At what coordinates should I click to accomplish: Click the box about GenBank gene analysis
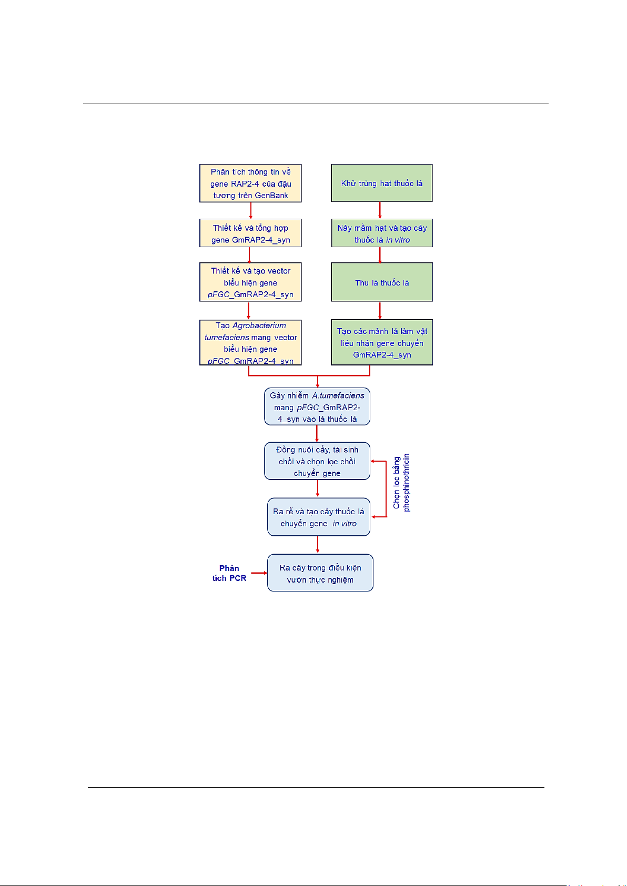[x=250, y=183]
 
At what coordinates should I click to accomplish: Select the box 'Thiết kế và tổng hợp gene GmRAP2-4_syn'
[x=250, y=233]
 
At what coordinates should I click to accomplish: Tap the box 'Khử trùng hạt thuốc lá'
[x=382, y=183]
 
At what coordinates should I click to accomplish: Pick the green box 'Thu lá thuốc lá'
[x=382, y=282]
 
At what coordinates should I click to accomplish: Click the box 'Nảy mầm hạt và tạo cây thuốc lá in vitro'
[x=382, y=233]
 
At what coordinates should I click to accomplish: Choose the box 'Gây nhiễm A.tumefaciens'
[x=317, y=406]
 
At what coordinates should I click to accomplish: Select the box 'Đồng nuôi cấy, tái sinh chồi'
[x=317, y=461]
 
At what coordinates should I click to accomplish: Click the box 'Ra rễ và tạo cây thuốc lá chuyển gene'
[x=318, y=517]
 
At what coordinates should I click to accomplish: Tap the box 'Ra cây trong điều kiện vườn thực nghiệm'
[x=320, y=573]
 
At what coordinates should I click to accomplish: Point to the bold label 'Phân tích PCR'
[x=229, y=573]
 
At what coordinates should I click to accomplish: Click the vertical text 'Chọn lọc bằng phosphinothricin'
[x=401, y=483]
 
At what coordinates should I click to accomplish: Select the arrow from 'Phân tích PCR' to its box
[x=259, y=573]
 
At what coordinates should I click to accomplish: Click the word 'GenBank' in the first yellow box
[x=271, y=196]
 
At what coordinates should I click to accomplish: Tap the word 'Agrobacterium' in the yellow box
[x=259, y=325]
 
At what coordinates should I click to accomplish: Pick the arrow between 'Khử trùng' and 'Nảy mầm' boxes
[x=380, y=210]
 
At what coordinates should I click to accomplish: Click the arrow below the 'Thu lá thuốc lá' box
[x=380, y=311]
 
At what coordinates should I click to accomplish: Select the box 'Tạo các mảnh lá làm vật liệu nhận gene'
[x=382, y=342]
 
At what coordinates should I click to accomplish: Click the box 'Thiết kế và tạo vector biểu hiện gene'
[x=250, y=282]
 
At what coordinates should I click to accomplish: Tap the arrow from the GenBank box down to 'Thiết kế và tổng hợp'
[x=250, y=211]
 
